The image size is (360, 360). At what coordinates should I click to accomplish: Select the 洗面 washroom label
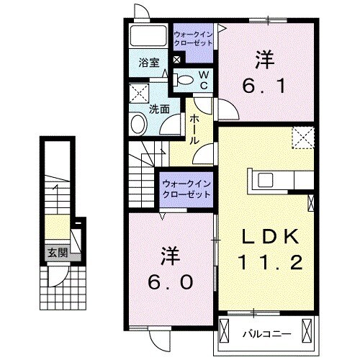(x=159, y=109)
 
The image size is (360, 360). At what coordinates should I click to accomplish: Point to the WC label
(x=203, y=80)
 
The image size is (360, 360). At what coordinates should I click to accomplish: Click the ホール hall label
(x=194, y=131)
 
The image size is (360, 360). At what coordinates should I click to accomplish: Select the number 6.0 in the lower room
(x=170, y=283)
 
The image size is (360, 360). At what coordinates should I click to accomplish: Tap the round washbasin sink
(x=138, y=125)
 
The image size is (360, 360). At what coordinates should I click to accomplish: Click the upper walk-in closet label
(x=193, y=38)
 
